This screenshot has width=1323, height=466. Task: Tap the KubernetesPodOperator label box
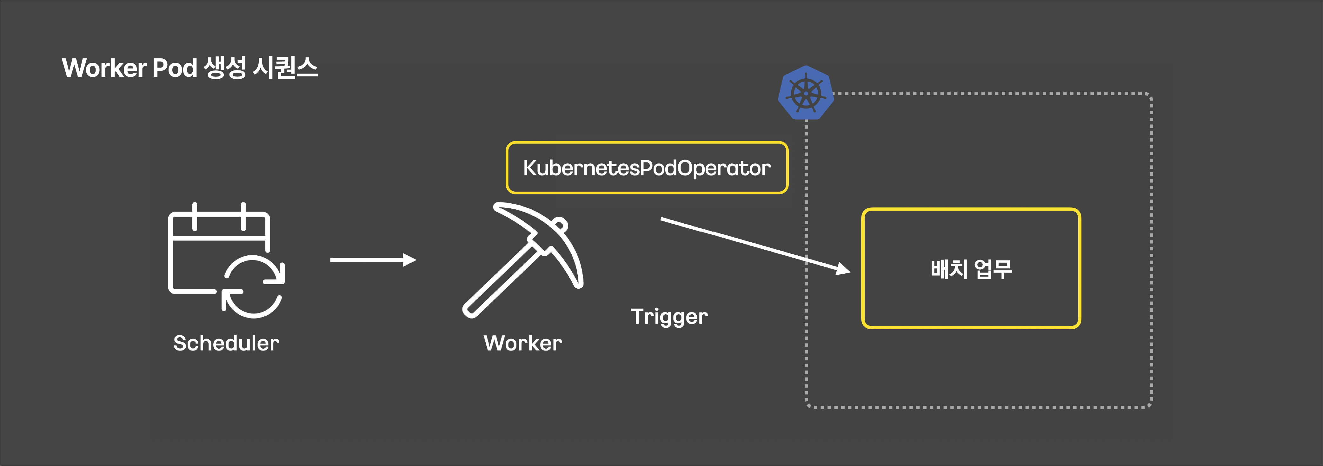(x=647, y=168)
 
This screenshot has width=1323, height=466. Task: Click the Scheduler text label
(x=226, y=343)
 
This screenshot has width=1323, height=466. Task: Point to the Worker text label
(x=523, y=343)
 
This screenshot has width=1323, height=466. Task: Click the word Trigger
(x=669, y=317)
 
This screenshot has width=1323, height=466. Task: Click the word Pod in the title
(x=175, y=68)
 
